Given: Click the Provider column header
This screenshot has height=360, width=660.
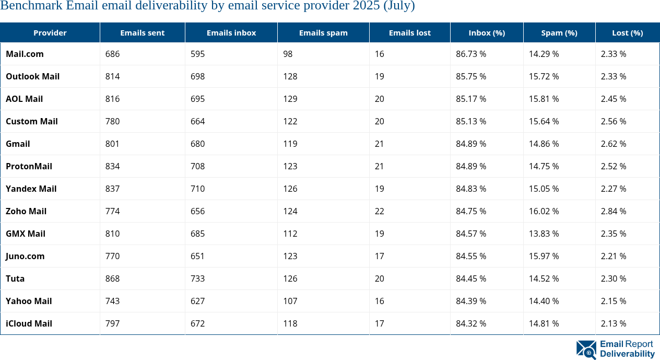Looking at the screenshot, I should point(50,32).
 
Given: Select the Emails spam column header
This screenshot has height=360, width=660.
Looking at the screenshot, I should point(323,32).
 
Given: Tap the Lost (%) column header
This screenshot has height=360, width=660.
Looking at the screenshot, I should point(627,32).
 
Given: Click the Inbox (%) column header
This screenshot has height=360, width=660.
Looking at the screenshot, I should point(487,32).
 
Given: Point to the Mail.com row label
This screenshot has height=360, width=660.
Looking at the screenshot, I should point(25,54).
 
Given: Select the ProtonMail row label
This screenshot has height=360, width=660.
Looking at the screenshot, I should point(29,166).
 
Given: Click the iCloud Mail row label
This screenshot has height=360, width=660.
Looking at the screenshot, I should point(29,323).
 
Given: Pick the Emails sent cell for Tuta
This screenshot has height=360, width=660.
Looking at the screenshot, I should point(112,278).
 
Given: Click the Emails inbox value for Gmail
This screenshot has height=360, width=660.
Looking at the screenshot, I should point(198,144).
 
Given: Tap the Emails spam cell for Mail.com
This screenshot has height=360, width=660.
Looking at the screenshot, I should point(289,54).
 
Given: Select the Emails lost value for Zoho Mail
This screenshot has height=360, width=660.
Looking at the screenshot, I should point(379,211).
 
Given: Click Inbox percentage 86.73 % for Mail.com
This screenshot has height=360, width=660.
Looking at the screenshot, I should point(471,54).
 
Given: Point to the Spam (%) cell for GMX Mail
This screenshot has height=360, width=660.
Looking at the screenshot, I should point(544,234).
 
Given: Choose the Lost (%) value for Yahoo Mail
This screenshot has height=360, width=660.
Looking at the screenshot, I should point(614,301).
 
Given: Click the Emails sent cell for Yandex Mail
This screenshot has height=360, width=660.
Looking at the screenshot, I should point(112,189).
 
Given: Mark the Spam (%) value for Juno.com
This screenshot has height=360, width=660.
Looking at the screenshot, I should point(544,256).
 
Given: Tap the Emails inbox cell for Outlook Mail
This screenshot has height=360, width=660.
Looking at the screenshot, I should point(198,76).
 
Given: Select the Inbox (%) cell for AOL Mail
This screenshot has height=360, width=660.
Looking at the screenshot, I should point(471,99).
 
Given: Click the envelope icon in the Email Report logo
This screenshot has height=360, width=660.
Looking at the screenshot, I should point(586,350).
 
